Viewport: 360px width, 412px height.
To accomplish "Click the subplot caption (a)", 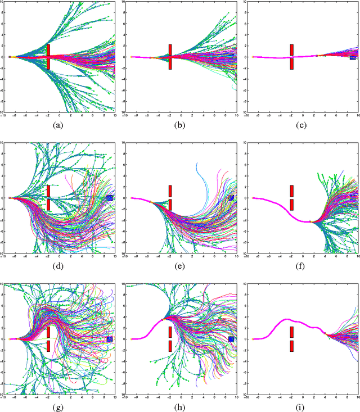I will pyautogui.click(x=58, y=126).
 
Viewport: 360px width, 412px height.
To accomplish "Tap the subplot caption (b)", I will pyautogui.click(x=179, y=126).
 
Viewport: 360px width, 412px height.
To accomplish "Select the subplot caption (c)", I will pyautogui.click(x=301, y=126).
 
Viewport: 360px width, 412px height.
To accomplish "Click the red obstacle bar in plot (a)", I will pyautogui.click(x=48, y=57).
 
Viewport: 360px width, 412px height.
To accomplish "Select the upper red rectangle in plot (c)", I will pyautogui.click(x=291, y=49).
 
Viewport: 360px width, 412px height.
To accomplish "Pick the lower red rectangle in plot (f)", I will pyautogui.click(x=291, y=205).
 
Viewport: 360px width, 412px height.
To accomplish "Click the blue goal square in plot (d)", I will pyautogui.click(x=110, y=198).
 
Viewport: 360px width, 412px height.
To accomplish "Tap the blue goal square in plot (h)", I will pyautogui.click(x=231, y=339).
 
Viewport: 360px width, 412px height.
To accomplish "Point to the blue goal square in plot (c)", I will pyautogui.click(x=353, y=57).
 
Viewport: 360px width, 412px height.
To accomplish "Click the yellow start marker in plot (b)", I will pyautogui.click(x=132, y=57).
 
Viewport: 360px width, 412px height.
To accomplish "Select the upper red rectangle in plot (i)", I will pyautogui.click(x=291, y=332).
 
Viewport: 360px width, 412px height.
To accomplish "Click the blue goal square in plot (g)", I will pyautogui.click(x=110, y=339).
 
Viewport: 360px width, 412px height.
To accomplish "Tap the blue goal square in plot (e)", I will pyautogui.click(x=231, y=198).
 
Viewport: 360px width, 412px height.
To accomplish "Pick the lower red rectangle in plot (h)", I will pyautogui.click(x=170, y=346).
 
